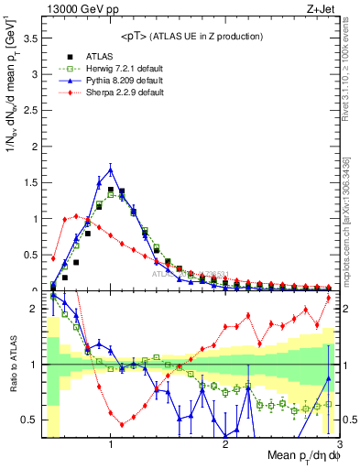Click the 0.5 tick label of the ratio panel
[x=33, y=420]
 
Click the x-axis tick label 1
[x=111, y=444]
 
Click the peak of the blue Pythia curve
[x=111, y=169]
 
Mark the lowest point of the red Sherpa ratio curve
[x=122, y=424]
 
